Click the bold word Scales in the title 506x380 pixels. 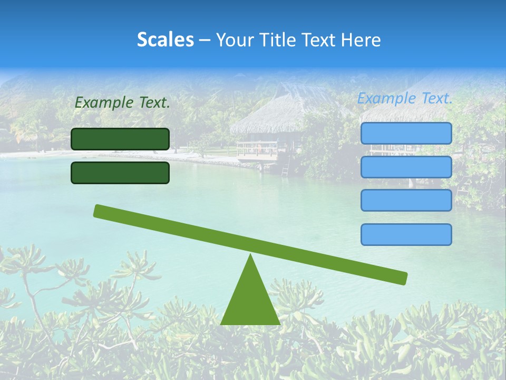165,40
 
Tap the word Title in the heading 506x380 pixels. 278,40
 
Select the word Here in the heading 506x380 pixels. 362,40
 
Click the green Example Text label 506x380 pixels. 122,103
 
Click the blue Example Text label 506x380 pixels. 405,98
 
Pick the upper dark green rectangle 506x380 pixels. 120,139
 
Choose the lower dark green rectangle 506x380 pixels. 120,173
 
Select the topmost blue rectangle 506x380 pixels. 406,133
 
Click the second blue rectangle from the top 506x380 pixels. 406,167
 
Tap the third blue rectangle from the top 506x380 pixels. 406,201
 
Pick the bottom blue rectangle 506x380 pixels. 406,234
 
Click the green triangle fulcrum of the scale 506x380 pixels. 250,301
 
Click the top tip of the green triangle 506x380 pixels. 250,255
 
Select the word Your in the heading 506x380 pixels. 235,40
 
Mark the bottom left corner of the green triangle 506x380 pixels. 221,324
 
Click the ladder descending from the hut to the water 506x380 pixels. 285,168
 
